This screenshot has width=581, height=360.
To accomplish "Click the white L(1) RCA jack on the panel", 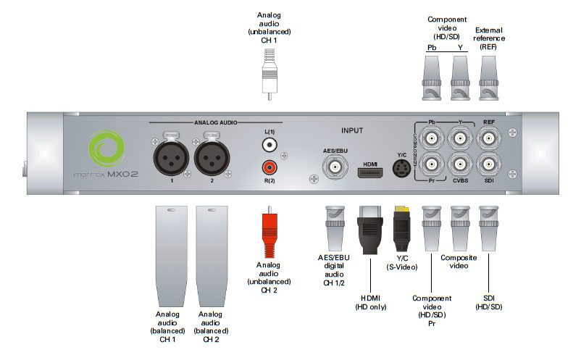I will [x=267, y=145].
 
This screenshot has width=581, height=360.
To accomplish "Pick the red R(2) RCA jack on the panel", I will [x=267, y=168].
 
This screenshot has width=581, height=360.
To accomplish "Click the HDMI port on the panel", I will [x=369, y=172].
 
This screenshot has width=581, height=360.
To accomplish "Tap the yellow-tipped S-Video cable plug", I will [x=402, y=230].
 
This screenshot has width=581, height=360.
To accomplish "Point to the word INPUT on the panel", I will [x=351, y=131].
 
